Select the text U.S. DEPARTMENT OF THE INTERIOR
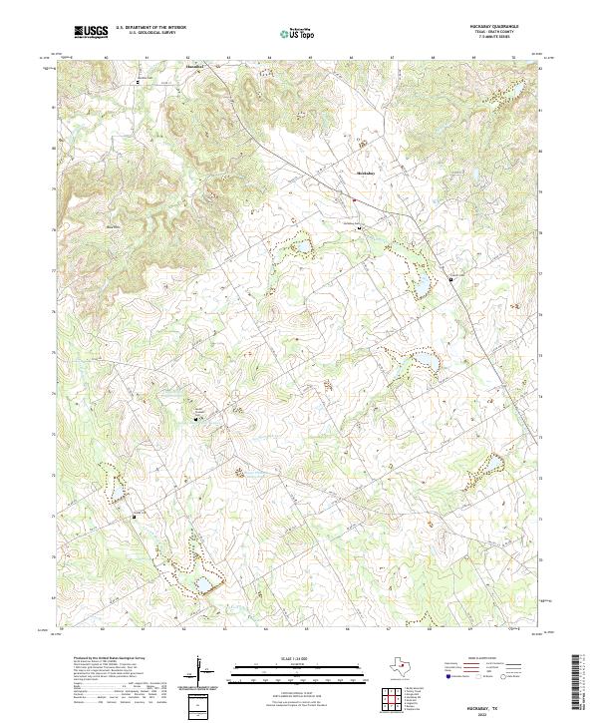pos(150,27)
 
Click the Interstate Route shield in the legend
pos(448,675)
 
